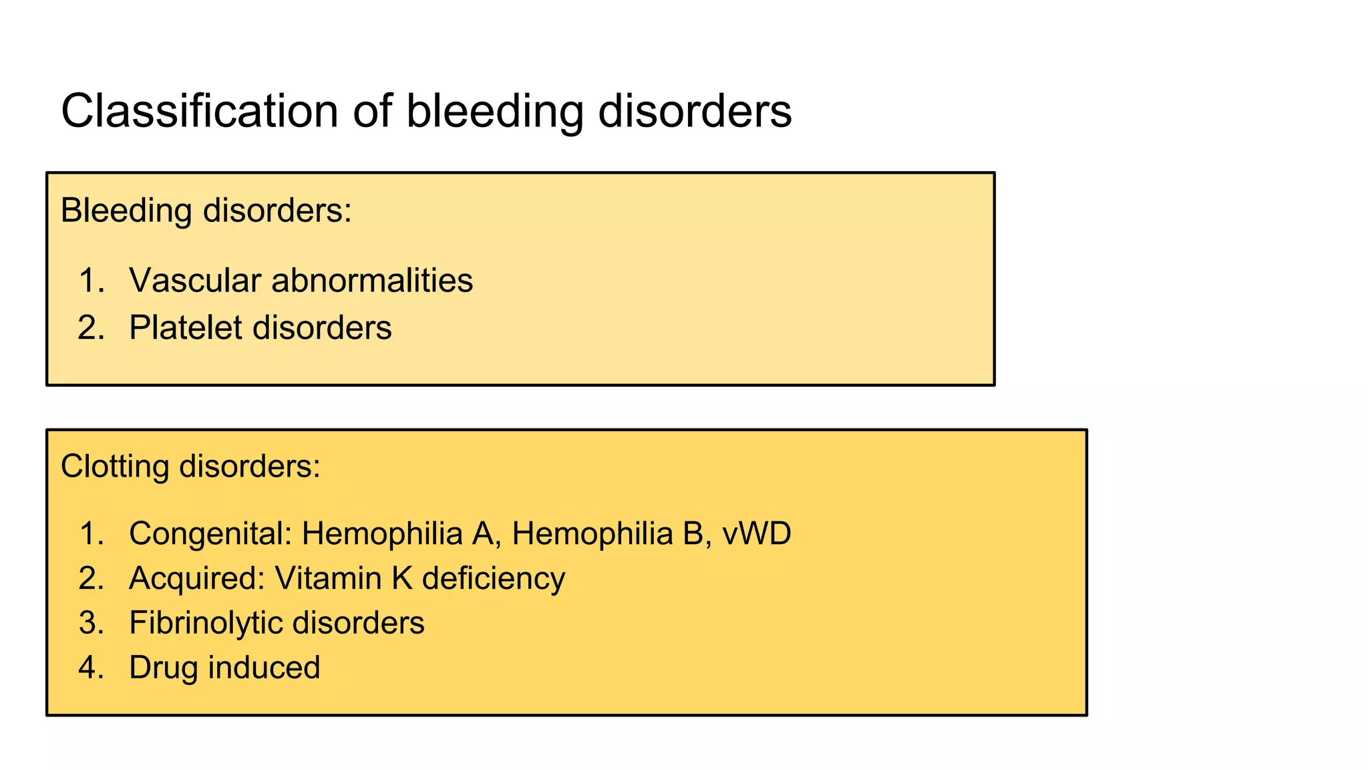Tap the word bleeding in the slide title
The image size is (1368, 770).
494,111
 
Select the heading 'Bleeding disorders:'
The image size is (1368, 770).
206,211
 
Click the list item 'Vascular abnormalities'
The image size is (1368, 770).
301,280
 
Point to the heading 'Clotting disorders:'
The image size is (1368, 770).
190,466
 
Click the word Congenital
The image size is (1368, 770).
210,534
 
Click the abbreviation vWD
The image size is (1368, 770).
757,534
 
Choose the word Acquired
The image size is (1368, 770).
196,578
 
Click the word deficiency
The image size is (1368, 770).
494,578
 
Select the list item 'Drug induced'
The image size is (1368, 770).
224,668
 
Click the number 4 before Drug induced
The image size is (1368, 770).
88,668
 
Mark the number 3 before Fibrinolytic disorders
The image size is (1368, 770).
88,623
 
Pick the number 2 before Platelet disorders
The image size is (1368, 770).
88,328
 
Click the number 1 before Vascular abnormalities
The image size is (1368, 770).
88,280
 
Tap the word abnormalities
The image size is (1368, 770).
372,280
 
